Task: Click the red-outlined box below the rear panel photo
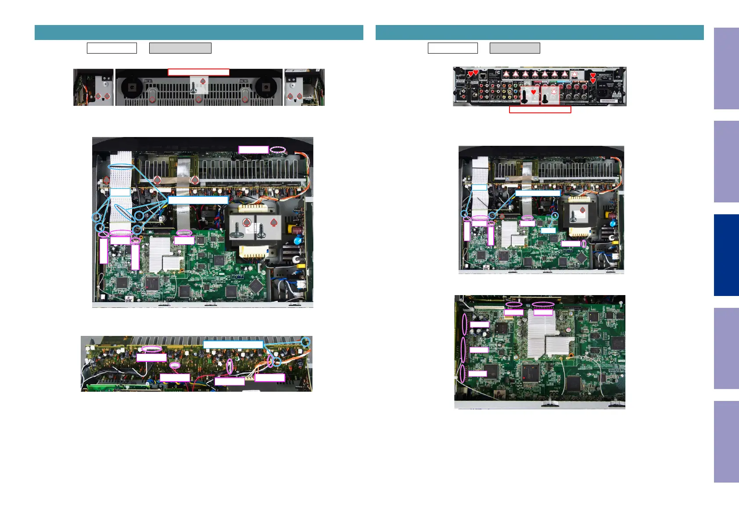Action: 540,110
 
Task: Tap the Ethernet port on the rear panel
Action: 483,76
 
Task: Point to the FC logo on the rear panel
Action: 498,72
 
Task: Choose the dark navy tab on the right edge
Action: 726,255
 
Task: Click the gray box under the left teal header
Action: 180,48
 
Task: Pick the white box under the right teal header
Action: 452,48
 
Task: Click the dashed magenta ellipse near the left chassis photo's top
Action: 277,150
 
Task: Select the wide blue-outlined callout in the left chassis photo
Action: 198,200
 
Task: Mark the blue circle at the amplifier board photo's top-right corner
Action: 305,342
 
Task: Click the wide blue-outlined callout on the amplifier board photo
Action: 233,345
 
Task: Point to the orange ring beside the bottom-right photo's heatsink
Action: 571,355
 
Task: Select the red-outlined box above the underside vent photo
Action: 198,72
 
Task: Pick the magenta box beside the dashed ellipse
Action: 253,150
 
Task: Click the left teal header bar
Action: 199,33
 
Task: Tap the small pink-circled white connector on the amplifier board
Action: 175,365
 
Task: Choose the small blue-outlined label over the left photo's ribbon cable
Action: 120,192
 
